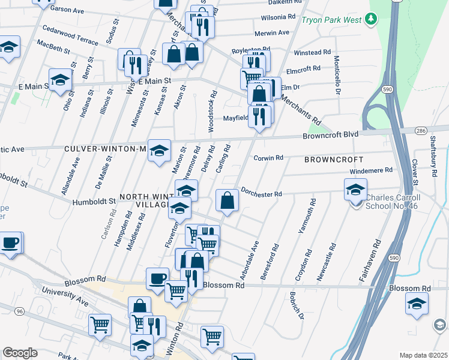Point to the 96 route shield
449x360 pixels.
(20, 311)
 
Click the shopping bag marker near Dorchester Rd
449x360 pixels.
(228, 200)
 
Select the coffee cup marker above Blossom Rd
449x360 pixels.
(157, 278)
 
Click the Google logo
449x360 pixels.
(20, 353)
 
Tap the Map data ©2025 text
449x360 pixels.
(423, 355)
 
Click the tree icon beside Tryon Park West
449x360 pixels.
(371, 19)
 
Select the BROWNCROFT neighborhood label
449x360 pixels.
(333, 160)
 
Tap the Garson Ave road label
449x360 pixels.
(67, 11)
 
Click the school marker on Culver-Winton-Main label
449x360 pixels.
(160, 150)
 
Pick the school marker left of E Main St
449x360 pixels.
(60, 80)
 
